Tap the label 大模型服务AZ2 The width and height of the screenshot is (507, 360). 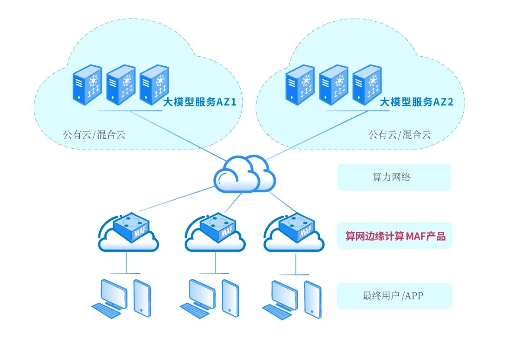416,102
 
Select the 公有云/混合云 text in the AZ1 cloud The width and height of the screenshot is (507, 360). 94,134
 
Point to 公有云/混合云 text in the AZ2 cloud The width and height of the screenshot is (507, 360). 400,134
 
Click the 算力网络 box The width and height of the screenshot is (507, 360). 394,177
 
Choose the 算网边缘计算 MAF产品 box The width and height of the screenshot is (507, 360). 394,236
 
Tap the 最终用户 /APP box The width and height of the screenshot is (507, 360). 394,296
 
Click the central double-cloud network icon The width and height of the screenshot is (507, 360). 244,175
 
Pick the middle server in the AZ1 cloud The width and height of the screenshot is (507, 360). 121,85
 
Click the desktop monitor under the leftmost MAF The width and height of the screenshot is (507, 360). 113,292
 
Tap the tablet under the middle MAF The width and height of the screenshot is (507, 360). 231,297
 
